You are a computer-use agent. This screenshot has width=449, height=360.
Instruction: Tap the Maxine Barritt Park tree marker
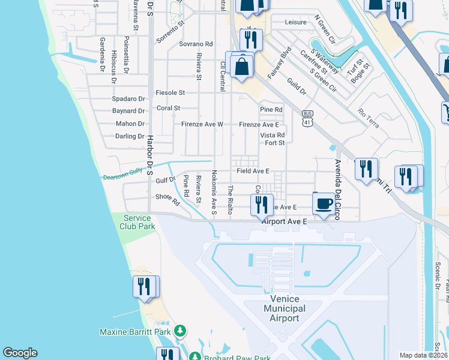pyautogui.click(x=180, y=331)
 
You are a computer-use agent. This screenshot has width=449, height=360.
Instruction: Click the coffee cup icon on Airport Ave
pyautogui.click(x=324, y=204)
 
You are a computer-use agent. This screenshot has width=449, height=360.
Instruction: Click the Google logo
pyautogui.click(x=20, y=353)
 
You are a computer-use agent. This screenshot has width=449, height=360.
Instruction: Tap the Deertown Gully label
pyautogui.click(x=122, y=177)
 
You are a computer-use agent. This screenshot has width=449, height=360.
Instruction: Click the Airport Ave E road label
pyautogui.click(x=284, y=221)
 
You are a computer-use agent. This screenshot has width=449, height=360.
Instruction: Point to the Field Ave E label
pyautogui.click(x=253, y=171)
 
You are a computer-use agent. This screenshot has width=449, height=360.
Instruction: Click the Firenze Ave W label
pyautogui.click(x=202, y=124)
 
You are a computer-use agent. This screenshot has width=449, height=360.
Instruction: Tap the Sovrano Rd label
pyautogui.click(x=196, y=44)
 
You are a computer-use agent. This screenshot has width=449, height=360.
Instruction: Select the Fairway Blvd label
pyautogui.click(x=280, y=63)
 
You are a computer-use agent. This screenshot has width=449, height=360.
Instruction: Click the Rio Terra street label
pyautogui.click(x=368, y=118)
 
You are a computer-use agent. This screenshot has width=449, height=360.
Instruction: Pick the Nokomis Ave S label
pyautogui.click(x=214, y=192)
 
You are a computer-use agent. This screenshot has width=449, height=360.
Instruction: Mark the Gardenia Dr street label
pyautogui.click(x=103, y=54)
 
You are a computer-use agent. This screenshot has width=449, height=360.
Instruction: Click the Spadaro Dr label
pyautogui.click(x=128, y=98)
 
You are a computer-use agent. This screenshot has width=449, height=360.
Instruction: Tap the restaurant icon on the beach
pyautogui.click(x=144, y=286)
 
